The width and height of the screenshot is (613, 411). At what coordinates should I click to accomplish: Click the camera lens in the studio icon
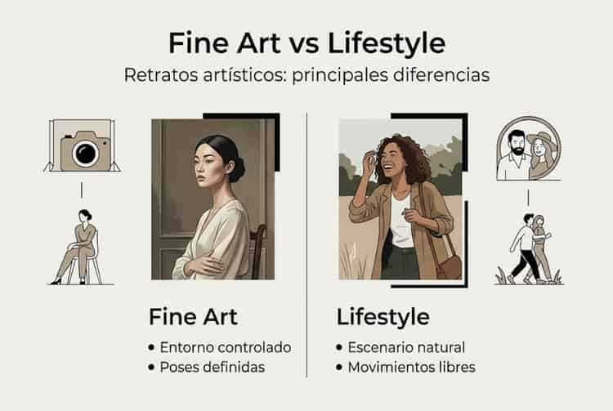[x=83, y=153]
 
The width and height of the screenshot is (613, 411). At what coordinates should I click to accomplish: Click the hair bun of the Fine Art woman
[x=235, y=169]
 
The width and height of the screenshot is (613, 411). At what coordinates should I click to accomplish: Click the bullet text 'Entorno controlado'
[x=226, y=346]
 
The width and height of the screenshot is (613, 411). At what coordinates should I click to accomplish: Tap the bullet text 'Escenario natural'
[x=406, y=346]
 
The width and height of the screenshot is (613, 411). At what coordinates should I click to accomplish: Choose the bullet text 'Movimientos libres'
[x=411, y=367]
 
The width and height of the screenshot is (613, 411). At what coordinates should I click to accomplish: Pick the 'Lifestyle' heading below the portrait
[x=383, y=316]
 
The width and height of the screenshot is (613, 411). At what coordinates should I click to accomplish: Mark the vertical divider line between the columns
[x=306, y=245]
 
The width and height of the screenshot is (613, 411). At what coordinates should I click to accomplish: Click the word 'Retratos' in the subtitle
[x=158, y=74]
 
